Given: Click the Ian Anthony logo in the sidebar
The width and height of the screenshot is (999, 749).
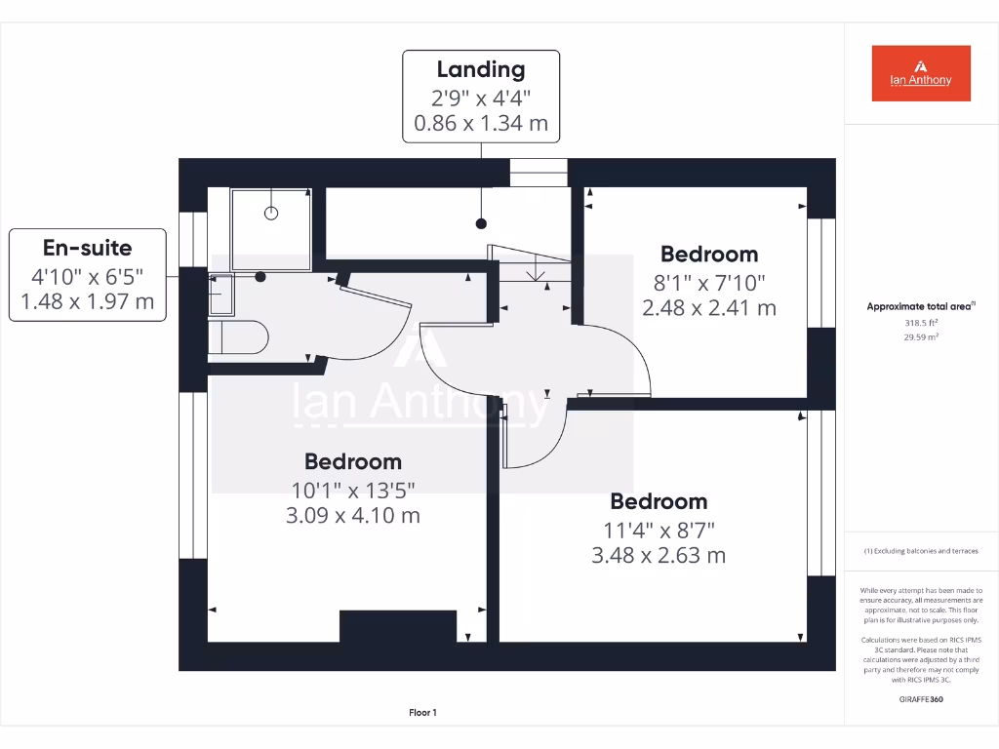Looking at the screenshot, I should click(x=920, y=73).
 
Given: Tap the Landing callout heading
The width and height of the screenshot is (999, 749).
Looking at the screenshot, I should click(x=481, y=69).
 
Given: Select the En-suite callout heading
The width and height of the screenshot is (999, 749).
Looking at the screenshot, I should click(x=87, y=248).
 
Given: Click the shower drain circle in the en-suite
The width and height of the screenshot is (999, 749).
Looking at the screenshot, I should click(x=272, y=213).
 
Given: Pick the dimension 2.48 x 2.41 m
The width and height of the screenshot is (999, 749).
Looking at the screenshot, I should click(x=708, y=308).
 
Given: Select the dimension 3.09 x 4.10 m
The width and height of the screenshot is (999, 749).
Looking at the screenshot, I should click(x=352, y=515).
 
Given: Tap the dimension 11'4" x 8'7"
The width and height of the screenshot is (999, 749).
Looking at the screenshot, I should click(x=659, y=531).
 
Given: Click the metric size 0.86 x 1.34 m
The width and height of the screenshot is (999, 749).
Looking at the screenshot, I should click(x=481, y=124).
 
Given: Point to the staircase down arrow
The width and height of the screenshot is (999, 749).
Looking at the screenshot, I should click(x=536, y=272).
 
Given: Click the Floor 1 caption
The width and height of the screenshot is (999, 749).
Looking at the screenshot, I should click(x=422, y=713).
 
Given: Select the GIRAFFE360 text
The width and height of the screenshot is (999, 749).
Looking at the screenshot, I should click(x=921, y=699).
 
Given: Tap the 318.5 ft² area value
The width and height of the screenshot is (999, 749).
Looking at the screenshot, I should click(x=921, y=322).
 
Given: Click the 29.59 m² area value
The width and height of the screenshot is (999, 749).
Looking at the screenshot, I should click(x=921, y=336).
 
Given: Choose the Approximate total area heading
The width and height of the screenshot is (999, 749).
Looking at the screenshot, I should click(x=921, y=306).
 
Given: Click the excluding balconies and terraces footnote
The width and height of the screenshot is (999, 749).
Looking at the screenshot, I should click(x=921, y=551).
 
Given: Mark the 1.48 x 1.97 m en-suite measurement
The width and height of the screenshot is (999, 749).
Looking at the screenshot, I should click(x=87, y=301).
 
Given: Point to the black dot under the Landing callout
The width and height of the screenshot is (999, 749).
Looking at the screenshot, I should click(x=481, y=224).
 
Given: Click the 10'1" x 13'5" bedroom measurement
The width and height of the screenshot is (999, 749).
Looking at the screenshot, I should click(x=352, y=490).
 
